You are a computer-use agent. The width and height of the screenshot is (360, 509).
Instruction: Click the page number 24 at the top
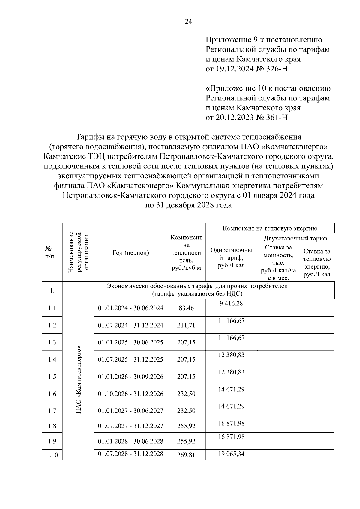pos(188,22)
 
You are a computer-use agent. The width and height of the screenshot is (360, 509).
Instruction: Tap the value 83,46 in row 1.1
pos(186,308)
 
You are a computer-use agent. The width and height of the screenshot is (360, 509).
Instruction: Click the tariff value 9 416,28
pos(231,303)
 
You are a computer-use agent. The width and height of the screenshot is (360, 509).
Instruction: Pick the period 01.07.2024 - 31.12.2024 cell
pos(130,325)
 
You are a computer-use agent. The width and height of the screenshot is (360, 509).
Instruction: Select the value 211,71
pos(186,325)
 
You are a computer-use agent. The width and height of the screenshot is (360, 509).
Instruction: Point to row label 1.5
pos(52,377)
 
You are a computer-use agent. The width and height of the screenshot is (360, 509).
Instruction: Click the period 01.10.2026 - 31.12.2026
pos(130,394)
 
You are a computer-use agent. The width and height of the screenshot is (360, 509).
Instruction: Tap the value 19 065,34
pos(231,454)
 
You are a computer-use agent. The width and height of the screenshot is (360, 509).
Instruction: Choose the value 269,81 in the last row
pos(186,455)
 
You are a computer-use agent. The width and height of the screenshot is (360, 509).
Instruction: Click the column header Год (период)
pos(130,253)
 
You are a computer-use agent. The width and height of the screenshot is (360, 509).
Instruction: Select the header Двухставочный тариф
pos(295,239)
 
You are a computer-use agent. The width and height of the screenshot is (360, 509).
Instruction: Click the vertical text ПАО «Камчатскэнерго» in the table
pos(79,380)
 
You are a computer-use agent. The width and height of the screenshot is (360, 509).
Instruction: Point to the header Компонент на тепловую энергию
pos(270,228)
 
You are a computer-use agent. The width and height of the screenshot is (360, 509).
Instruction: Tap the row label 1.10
pos(52,455)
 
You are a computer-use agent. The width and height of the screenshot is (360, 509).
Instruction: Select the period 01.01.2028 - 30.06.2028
pos(130,441)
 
